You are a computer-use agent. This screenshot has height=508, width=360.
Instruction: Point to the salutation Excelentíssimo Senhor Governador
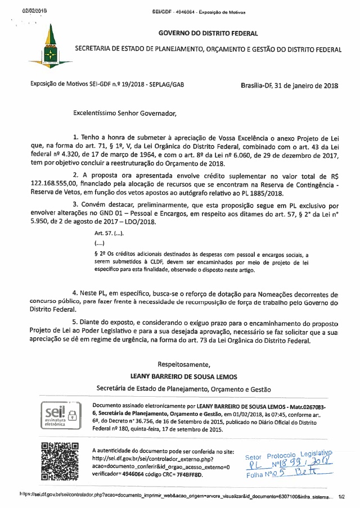click(x=124, y=113)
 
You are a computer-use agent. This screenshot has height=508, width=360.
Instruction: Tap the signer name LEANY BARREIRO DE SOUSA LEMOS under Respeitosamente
click(x=184, y=377)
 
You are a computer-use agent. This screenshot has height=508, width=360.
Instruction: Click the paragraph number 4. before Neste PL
click(x=76, y=294)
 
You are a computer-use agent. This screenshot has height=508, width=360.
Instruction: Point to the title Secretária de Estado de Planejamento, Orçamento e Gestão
click(x=184, y=388)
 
